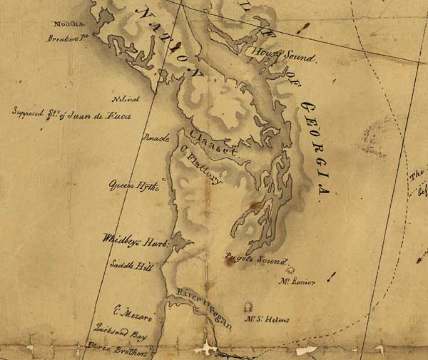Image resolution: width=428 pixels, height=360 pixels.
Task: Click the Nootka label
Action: click(64, 24)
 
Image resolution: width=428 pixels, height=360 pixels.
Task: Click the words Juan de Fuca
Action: click(101, 115)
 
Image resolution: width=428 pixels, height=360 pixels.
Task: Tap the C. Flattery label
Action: click(203, 165)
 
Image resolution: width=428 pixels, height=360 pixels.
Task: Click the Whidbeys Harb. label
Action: click(135, 242)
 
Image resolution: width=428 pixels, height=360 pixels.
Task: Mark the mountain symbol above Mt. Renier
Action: click(290, 270)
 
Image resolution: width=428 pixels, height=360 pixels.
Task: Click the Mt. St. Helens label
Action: click(267, 319)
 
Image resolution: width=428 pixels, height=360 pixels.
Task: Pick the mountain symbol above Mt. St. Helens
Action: click(249, 307)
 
